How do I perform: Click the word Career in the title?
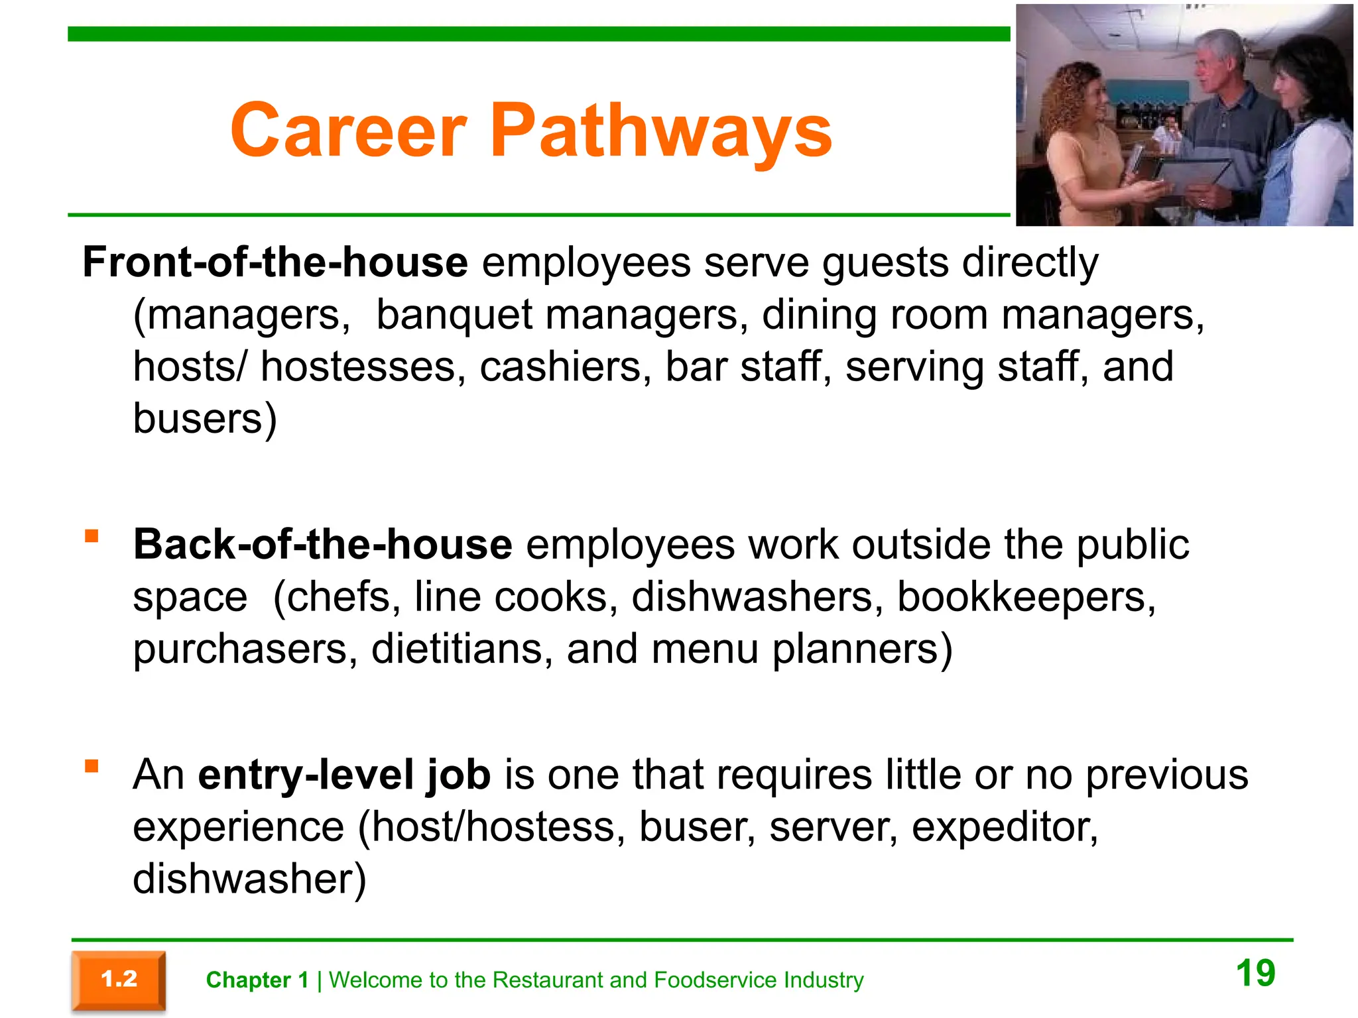click(349, 131)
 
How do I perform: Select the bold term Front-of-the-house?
click(275, 262)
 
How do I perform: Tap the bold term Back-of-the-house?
click(322, 545)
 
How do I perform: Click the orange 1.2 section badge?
click(119, 980)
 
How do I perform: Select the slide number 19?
click(1255, 973)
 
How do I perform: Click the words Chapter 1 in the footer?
click(257, 980)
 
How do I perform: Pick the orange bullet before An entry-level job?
click(92, 767)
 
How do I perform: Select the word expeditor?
click(1004, 828)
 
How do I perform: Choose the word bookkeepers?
click(1026, 597)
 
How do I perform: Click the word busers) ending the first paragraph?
click(205, 419)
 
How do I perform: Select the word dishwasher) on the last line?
click(249, 879)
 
